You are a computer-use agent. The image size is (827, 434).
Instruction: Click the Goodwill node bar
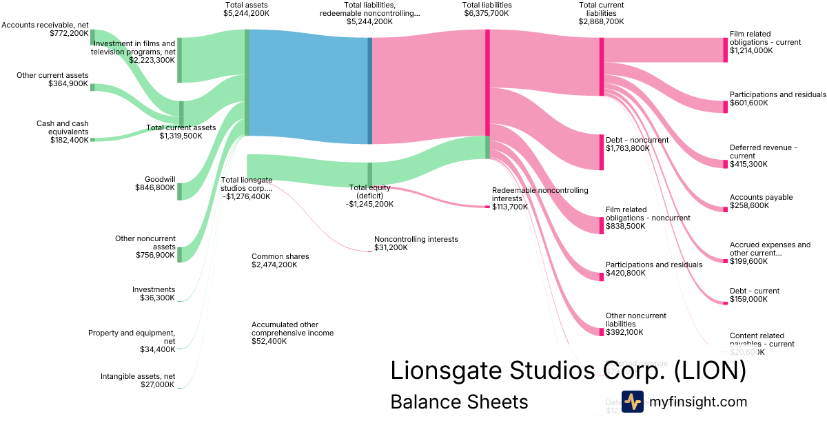[180, 192]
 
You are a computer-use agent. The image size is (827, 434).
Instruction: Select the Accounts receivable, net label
[45, 25]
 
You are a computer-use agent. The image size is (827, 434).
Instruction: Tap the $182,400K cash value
[69, 140]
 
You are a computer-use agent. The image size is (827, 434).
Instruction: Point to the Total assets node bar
[247, 83]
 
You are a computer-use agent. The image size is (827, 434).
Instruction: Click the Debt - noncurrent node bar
[602, 152]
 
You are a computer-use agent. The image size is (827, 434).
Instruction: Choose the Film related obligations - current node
[725, 50]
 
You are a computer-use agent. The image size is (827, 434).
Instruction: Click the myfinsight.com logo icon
[632, 402]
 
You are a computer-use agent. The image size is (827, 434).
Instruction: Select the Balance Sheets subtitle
[459, 402]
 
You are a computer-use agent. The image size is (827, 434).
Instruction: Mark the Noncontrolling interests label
[416, 239]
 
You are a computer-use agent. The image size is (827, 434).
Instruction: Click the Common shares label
[280, 256]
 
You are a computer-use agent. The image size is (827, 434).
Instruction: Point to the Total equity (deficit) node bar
[369, 174]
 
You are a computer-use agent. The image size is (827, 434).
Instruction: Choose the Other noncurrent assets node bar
[180, 254]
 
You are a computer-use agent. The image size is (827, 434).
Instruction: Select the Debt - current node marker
[725, 300]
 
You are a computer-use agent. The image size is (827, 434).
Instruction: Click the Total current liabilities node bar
[602, 66]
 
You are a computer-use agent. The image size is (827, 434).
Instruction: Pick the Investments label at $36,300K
[154, 289]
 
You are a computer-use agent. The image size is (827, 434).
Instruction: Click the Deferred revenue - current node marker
[725, 163]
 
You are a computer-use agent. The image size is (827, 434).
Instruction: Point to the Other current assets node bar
[92, 87]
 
